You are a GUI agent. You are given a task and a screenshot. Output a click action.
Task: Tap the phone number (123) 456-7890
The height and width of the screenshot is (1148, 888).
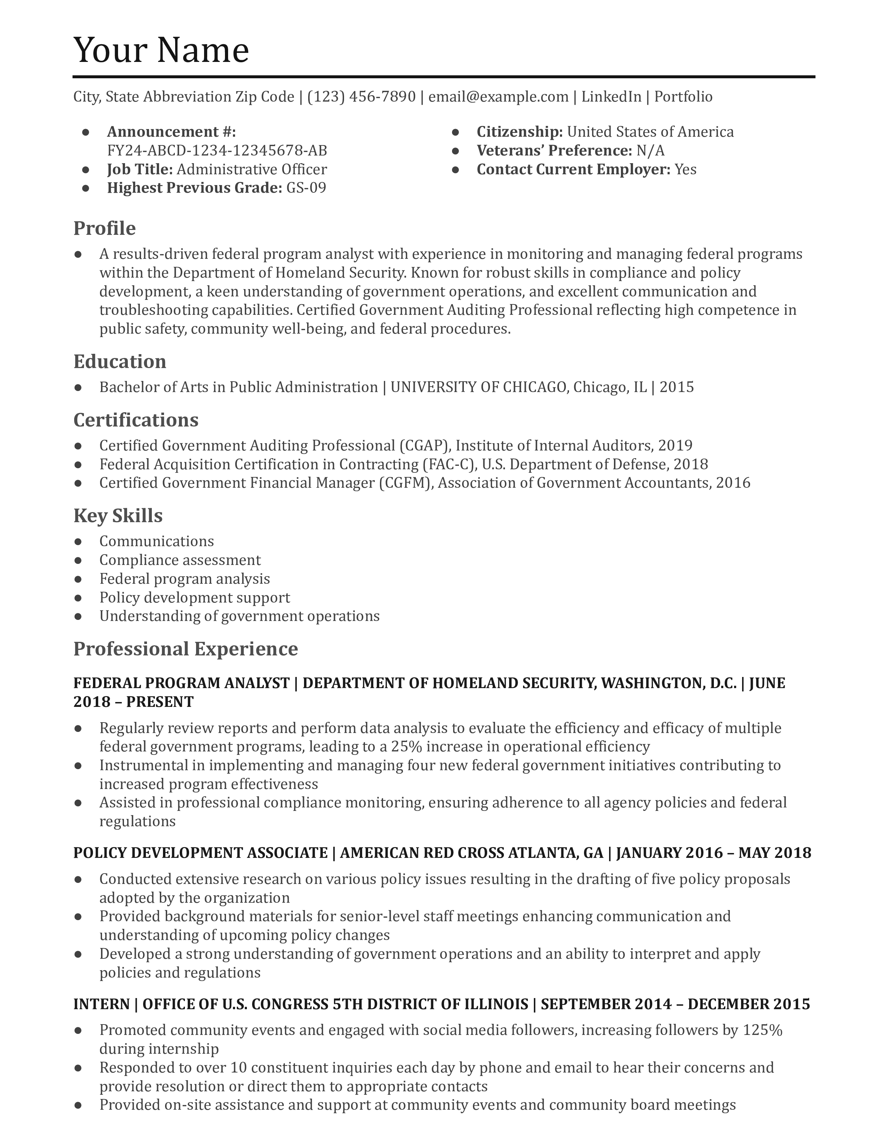pos(361,97)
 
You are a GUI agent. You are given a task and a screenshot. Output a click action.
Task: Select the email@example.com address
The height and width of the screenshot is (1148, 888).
pos(498,97)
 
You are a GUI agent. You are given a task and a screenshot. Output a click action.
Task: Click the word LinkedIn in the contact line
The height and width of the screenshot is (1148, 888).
pos(611,97)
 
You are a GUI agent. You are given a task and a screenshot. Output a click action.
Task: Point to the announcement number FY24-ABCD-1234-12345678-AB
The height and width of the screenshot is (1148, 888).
pos(217,151)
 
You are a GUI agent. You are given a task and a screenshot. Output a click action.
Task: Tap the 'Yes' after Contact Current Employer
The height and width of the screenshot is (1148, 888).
pos(685,170)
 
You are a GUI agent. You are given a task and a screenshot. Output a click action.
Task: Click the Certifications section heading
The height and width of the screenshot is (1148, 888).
pos(136,420)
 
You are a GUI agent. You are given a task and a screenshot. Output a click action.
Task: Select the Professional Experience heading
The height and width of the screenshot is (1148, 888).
pos(185,649)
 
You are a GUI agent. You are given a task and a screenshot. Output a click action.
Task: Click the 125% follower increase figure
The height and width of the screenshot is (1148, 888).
pos(762,1030)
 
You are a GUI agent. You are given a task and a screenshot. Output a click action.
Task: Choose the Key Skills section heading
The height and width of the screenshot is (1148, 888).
pos(118,516)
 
